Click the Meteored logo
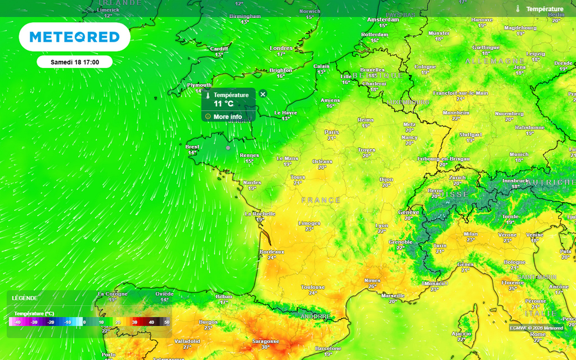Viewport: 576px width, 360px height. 74,37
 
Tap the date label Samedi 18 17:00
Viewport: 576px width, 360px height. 75,62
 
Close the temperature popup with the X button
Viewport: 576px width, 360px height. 263,94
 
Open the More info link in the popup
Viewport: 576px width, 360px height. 227,116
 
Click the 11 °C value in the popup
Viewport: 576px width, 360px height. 223,103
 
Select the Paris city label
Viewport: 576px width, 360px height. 332,132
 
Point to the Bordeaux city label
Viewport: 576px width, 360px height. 272,251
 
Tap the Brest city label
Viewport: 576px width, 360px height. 192,147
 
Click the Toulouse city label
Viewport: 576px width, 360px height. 313,287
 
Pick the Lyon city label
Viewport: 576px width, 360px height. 382,226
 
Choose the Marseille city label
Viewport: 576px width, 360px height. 392,295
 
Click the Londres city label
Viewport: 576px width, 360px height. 281,48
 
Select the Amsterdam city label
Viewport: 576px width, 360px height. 383,19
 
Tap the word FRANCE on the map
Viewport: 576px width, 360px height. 321,200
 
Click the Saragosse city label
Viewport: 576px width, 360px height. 265,341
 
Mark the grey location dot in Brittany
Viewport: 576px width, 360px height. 228,147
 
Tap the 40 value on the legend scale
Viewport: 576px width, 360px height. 151,322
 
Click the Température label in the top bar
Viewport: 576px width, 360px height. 544,9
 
